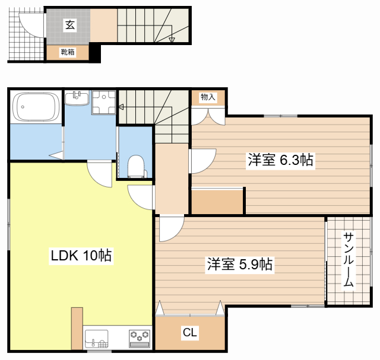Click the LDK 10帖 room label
pos(81,255)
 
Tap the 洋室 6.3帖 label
pos(280,160)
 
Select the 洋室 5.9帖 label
pos(240,264)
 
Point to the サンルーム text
pos(349,260)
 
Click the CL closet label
pos(190,332)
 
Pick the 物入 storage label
pos(208,97)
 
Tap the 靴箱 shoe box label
pos(68,52)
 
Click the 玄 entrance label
pos(70,25)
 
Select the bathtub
pos(36,107)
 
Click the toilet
pos(136,166)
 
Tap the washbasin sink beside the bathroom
pos(77,98)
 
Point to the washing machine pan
pos(104,102)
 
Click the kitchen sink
pos(96,339)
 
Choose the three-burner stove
pos(140,339)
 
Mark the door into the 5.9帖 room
pos(172,229)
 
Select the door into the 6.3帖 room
pos(202,161)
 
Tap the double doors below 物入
pos(208,117)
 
